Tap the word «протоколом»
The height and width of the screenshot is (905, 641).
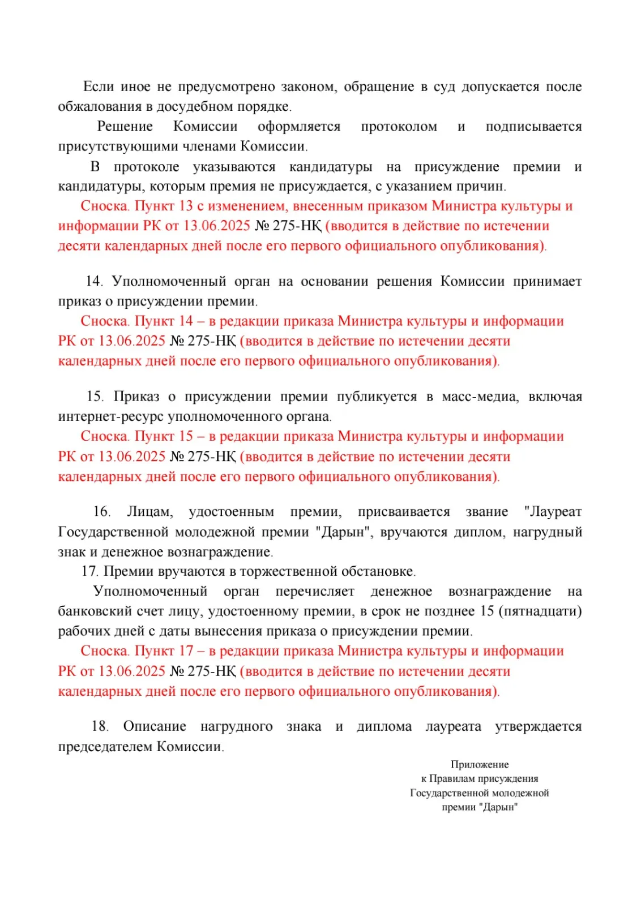point(399,126)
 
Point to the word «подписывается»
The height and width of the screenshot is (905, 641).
point(533,126)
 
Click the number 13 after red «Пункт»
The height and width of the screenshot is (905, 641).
point(186,206)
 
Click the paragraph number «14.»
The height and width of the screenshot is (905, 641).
point(94,281)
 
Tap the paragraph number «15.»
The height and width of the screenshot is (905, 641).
point(95,397)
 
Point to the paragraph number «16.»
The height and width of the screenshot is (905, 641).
point(102,512)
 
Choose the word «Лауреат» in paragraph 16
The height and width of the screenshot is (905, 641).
point(553,512)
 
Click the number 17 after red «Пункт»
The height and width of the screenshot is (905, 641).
point(186,651)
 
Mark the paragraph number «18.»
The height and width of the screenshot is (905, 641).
point(100,726)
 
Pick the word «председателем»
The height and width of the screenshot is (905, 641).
point(105,747)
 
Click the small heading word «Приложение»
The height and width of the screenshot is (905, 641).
point(480,765)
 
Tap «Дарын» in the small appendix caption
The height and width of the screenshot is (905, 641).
point(499,807)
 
